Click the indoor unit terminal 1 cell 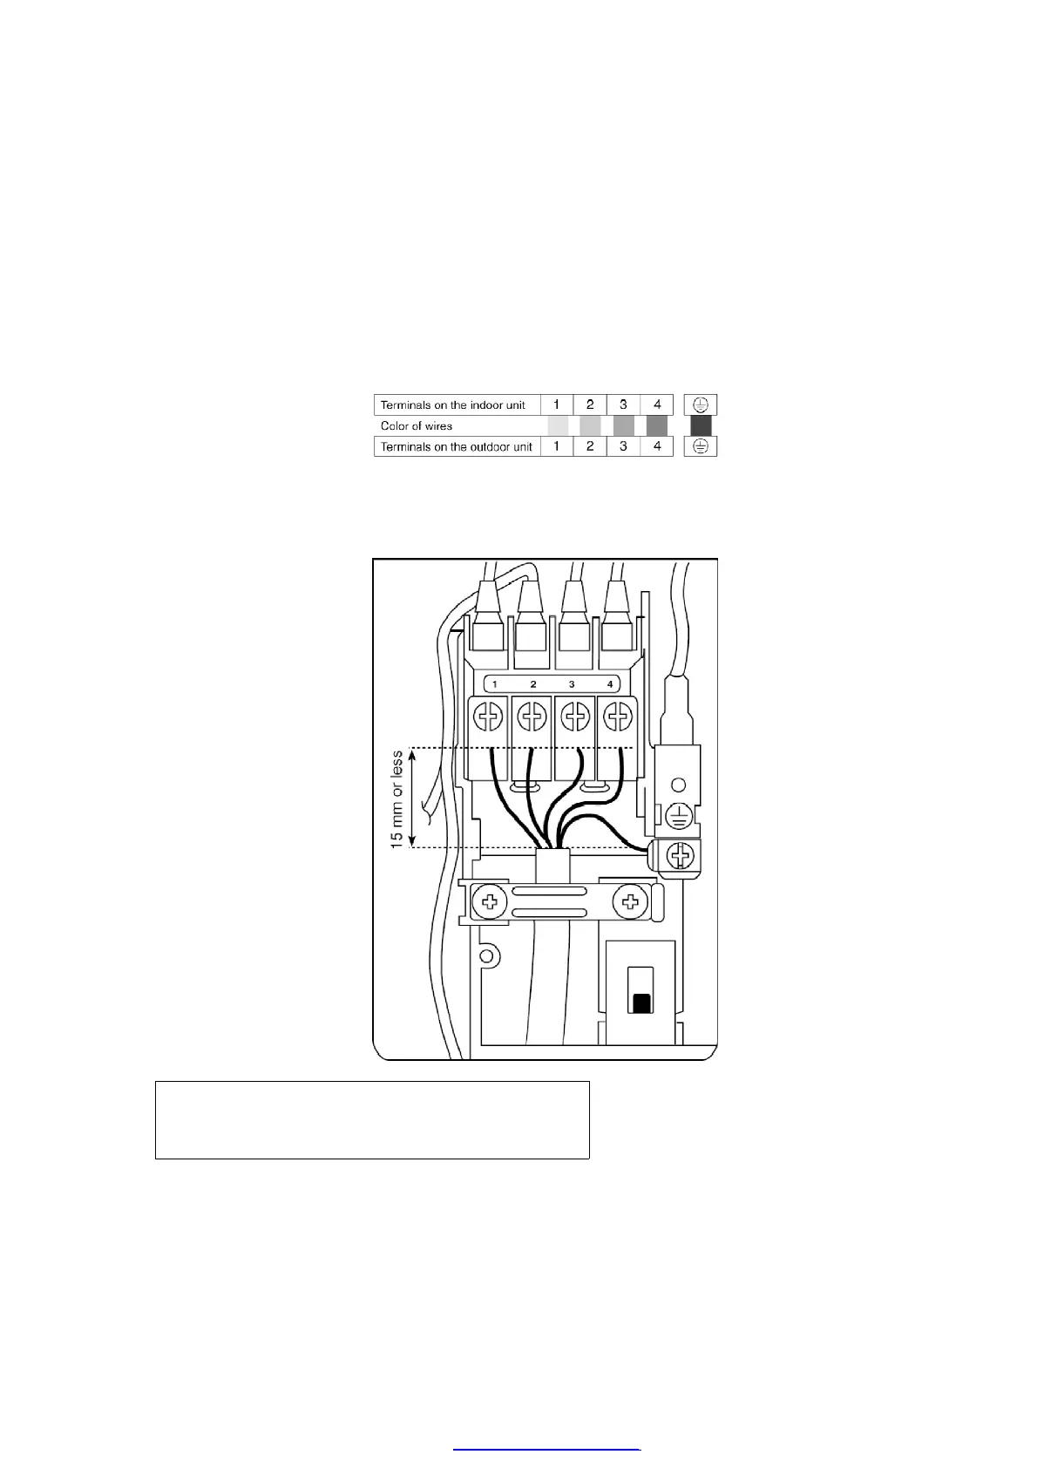point(557,404)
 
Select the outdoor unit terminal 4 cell point(657,446)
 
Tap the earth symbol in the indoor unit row point(701,404)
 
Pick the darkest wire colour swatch point(701,425)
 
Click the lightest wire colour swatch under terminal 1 point(558,425)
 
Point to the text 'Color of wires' point(417,426)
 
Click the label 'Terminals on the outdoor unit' point(456,446)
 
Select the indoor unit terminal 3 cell point(623,404)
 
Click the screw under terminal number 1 point(490,718)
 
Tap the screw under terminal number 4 point(618,718)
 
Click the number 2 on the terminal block point(533,684)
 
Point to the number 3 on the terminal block point(572,684)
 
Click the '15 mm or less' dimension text point(397,799)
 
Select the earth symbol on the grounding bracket point(679,816)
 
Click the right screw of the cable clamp point(631,901)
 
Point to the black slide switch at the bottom point(641,1003)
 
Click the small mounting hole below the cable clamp point(487,956)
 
